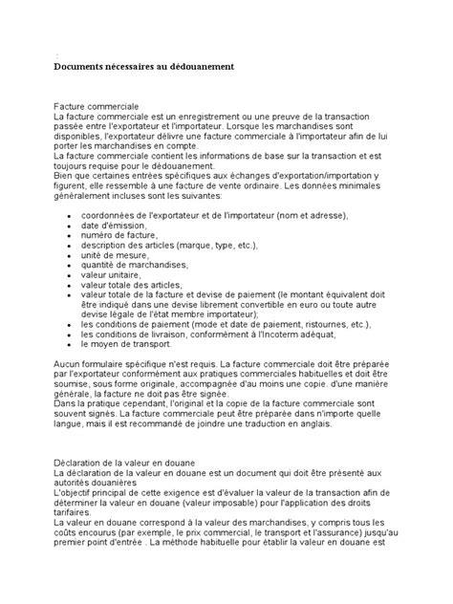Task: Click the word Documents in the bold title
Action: point(81,67)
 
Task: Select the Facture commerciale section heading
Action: point(97,103)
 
